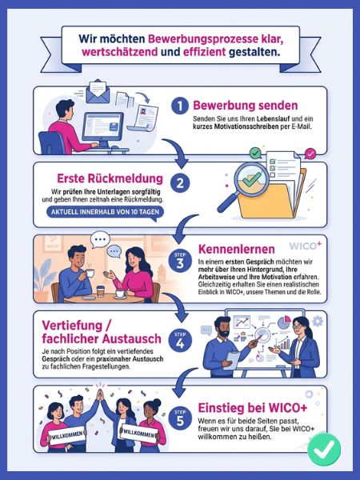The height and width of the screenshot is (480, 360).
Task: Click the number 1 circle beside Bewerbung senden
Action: tap(180, 106)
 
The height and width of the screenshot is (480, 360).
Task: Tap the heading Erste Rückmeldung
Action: tap(110, 178)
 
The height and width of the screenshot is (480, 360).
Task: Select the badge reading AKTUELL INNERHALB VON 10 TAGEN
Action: tap(105, 212)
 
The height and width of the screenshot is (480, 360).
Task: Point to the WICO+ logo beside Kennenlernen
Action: tap(306, 246)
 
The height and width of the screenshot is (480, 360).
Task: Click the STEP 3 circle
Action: tap(180, 261)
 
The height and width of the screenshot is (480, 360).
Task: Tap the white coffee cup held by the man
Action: tap(90, 273)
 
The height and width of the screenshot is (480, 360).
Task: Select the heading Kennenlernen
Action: tap(236, 249)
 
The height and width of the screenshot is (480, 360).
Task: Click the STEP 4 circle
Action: tap(180, 341)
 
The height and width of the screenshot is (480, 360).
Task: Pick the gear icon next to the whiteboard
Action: tap(318, 321)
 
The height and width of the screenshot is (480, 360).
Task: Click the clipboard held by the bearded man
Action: tap(232, 360)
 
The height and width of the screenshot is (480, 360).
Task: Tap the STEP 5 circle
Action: tap(180, 418)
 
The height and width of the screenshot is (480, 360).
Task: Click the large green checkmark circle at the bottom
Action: tap(324, 450)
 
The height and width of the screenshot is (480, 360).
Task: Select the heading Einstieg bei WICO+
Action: tap(253, 408)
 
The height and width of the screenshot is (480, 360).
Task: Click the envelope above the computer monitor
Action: tap(98, 91)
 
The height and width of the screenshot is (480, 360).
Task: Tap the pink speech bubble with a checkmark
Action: tap(310, 154)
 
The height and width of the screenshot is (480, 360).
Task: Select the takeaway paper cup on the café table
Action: tap(101, 291)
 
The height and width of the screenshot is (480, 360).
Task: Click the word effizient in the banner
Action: tap(204, 52)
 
